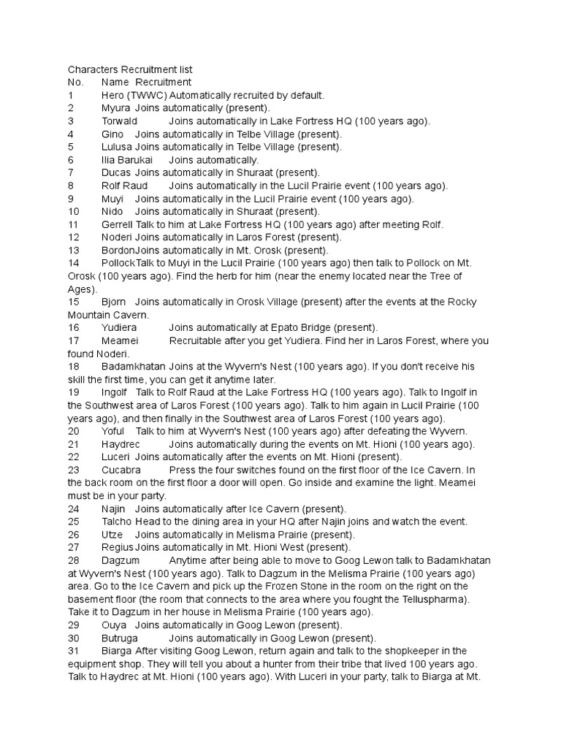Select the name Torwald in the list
(120, 121)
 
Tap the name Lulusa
(118, 147)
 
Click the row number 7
(71, 173)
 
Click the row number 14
(73, 263)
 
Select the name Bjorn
(115, 302)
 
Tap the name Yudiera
(120, 328)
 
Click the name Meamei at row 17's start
(120, 341)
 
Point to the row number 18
(73, 367)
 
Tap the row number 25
(73, 522)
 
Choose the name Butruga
(121, 638)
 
